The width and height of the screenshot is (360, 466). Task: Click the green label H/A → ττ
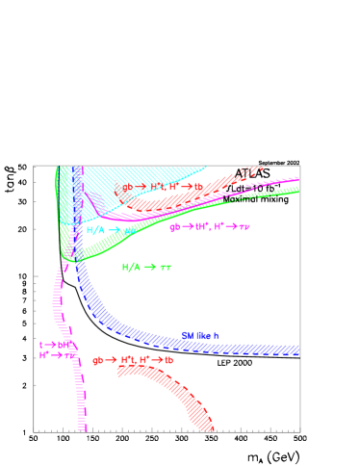146,267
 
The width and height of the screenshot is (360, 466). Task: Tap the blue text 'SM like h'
200,335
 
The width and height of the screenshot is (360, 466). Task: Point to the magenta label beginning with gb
209,227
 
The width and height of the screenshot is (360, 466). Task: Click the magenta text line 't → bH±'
54,344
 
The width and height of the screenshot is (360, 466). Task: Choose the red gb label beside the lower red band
133,360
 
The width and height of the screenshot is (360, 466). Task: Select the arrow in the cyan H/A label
114,230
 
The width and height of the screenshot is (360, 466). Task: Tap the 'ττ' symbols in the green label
166,267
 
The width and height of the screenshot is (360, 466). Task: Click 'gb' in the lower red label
97,360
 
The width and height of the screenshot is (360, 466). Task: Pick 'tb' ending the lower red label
168,360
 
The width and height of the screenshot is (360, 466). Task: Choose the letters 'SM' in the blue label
187,335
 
